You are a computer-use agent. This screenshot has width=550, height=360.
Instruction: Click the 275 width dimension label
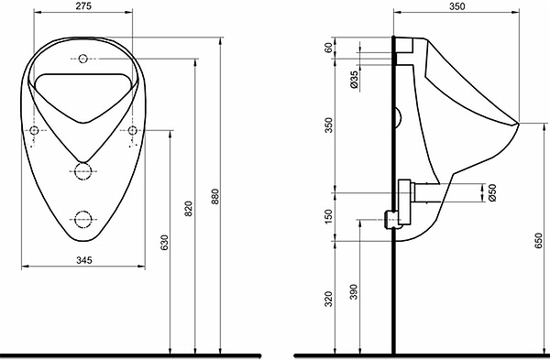tap(83, 6)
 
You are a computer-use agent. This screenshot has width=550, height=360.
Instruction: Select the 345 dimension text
tap(84, 260)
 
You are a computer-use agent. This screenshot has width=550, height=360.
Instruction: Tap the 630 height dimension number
tap(164, 243)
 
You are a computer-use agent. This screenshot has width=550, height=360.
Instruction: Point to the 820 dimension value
tap(189, 209)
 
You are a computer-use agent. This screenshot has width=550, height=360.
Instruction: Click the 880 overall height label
tap(215, 197)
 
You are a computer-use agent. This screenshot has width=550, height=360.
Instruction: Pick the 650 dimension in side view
tap(539, 241)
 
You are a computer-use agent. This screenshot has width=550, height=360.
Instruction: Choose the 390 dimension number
tap(354, 291)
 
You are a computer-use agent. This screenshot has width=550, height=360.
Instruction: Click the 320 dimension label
tap(328, 299)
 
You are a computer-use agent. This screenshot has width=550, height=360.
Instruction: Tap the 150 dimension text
tap(328, 216)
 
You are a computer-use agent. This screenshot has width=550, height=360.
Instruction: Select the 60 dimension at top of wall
tap(328, 48)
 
